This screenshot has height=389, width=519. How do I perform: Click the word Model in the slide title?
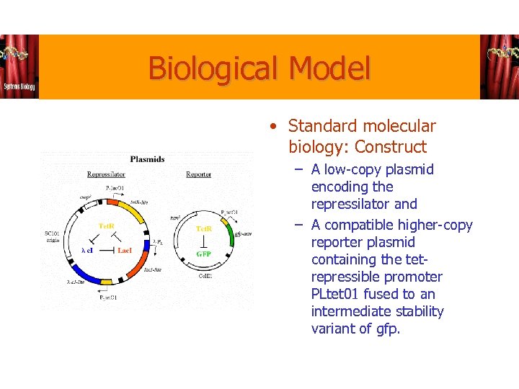pos(329,69)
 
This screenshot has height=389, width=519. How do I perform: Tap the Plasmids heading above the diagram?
pos(147,159)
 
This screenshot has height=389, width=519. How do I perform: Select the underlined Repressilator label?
pos(106,174)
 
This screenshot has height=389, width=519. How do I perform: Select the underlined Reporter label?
pos(198,174)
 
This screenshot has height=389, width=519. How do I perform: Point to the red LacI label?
pos(124,250)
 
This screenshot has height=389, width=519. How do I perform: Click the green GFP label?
pos(204,254)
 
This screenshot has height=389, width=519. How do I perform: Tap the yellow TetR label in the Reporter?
pos(204,228)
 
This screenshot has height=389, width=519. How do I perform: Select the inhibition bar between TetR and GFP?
pos(204,241)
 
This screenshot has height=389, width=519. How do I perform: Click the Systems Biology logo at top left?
pos(19,67)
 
